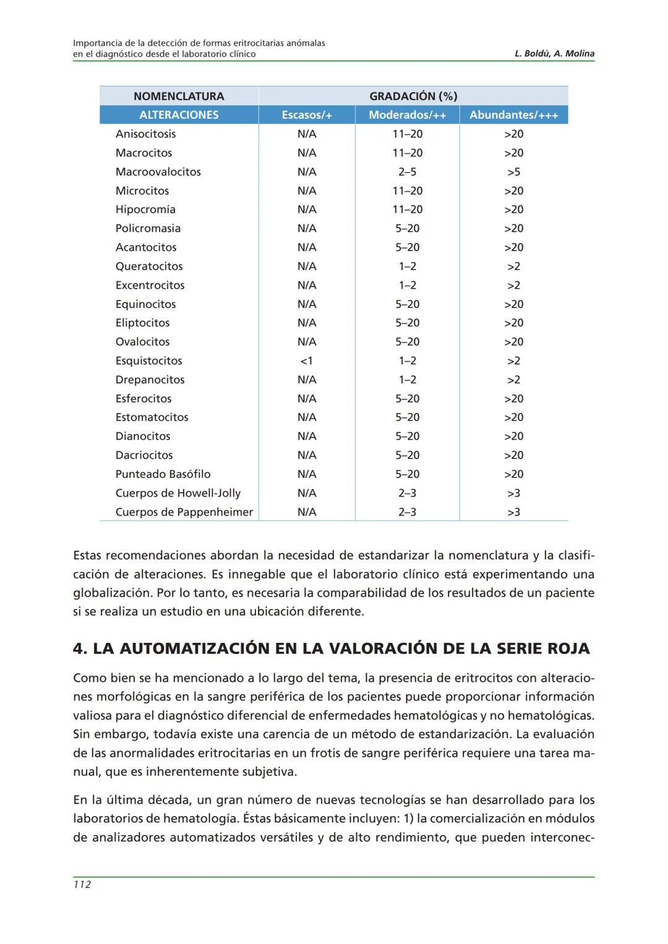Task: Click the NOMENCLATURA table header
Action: (179, 96)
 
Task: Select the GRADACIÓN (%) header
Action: (413, 96)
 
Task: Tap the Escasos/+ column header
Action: (307, 115)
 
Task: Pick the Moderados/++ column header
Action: (407, 115)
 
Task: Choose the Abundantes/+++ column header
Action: (513, 115)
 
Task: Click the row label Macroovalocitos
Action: (158, 172)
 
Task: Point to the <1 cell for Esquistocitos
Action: (306, 361)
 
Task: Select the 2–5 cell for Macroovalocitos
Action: (407, 172)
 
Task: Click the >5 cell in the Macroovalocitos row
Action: (513, 172)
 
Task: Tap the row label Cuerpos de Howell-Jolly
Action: (178, 493)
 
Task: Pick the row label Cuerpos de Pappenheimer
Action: (184, 512)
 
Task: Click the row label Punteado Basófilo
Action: (163, 474)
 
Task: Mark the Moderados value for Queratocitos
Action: (407, 266)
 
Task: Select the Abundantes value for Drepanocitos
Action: (513, 380)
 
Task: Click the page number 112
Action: (82, 885)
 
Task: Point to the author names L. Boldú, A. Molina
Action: (554, 54)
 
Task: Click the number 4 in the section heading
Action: (79, 648)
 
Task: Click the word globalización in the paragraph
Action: (112, 593)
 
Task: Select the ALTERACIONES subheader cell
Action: (179, 115)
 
